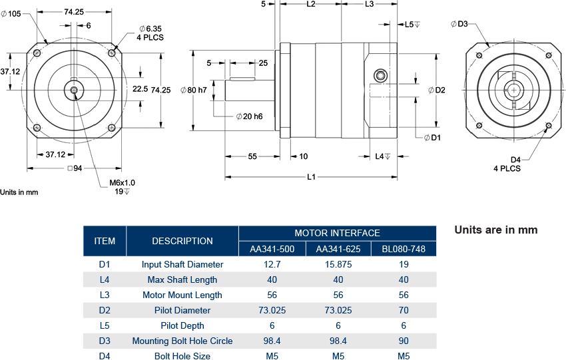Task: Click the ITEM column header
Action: (105, 241)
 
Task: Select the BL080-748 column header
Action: (404, 250)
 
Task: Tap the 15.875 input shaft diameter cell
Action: (338, 264)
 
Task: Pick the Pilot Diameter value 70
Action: (404, 310)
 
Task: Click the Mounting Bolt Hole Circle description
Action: (182, 341)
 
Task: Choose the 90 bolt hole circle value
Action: (404, 341)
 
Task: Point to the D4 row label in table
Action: (105, 356)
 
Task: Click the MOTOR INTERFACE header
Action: (337, 233)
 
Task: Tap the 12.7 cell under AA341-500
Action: (272, 264)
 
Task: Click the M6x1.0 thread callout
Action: (122, 182)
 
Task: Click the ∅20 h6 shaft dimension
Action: (249, 116)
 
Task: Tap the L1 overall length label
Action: (311, 176)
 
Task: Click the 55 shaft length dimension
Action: (252, 156)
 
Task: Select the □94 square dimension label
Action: (75, 168)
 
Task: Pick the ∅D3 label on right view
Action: (459, 25)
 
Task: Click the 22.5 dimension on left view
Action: (139, 89)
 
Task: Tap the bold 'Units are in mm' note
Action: (495, 230)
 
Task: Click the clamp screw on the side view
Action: (381, 75)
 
